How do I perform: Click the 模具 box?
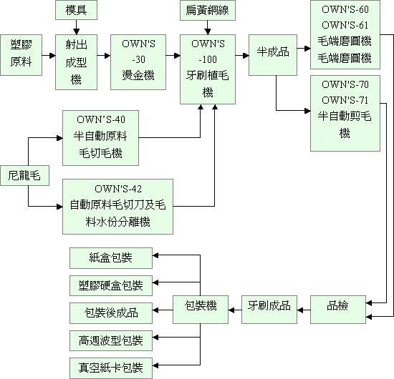pyautogui.click(x=76, y=10)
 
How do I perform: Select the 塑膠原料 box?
pyautogui.click(x=21, y=55)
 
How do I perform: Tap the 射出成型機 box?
pyautogui.click(x=76, y=62)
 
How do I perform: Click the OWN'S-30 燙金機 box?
pyautogui.click(x=138, y=62)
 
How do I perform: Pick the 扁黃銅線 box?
pyautogui.click(x=208, y=10)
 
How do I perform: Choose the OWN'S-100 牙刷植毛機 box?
pyautogui.click(x=208, y=69)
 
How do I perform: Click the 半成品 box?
pyautogui.click(x=273, y=55)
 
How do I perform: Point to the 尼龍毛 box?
pyautogui.click(x=24, y=175)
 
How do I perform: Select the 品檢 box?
pyautogui.click(x=338, y=310)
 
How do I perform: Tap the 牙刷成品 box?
pyautogui.click(x=269, y=310)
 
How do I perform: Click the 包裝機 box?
pyautogui.click(x=201, y=310)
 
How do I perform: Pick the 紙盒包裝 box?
pyautogui.click(x=111, y=258)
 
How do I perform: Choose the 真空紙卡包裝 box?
pyautogui.click(x=111, y=368)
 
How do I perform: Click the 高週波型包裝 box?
pyautogui.click(x=111, y=340)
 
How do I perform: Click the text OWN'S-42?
pyautogui.click(x=118, y=189)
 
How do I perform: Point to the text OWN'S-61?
pyautogui.click(x=345, y=25)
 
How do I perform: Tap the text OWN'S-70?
pyautogui.click(x=345, y=84)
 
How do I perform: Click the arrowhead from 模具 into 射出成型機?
pyautogui.click(x=76, y=31)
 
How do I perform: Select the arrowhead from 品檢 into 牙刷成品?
pyautogui.click(x=300, y=310)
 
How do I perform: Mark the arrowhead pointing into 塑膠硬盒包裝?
pyautogui.click(x=155, y=282)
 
